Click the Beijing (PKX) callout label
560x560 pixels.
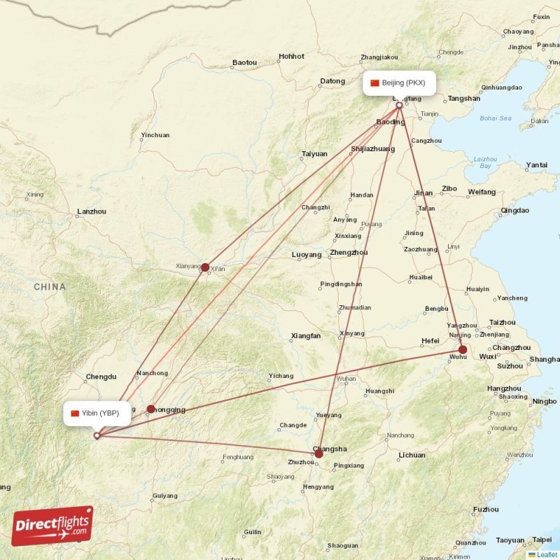(400, 83)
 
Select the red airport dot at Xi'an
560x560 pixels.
(205, 267)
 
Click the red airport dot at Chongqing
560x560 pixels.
(151, 409)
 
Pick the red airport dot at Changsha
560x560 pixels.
(318, 454)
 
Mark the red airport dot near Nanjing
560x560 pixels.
(463, 349)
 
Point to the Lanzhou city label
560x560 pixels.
(92, 211)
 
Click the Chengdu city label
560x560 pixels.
(101, 377)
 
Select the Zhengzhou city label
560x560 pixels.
(349, 253)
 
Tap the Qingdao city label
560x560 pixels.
(515, 210)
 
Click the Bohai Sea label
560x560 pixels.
(496, 118)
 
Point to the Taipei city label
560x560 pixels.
(542, 540)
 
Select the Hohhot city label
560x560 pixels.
(291, 56)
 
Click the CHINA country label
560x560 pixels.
(49, 287)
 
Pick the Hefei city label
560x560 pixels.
(430, 341)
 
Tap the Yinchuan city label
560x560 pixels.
(155, 135)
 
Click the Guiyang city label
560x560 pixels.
(164, 496)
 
